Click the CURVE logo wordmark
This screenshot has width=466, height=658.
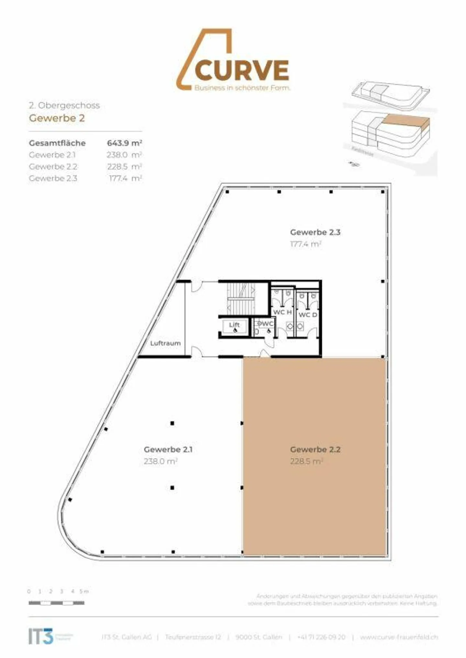point(242,70)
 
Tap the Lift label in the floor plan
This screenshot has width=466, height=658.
point(234,324)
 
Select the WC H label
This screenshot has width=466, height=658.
point(283,312)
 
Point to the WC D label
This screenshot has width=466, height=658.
point(307,315)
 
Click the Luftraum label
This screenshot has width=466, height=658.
point(165,343)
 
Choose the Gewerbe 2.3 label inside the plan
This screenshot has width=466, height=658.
point(315,232)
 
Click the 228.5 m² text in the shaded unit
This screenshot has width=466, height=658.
point(306,461)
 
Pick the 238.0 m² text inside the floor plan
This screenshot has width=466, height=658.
point(160,461)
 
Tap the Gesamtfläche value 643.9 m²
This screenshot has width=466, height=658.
point(124,143)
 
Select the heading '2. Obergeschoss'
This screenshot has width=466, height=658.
point(64,105)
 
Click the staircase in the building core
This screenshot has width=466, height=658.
point(241,298)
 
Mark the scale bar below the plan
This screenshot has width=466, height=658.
point(56,603)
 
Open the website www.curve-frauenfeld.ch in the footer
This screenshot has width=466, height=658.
point(399,637)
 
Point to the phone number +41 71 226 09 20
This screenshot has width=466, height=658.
point(321,637)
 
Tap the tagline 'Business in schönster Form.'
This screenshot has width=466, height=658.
point(242,88)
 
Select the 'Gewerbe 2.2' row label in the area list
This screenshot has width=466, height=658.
point(53,167)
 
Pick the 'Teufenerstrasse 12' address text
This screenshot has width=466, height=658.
point(193,637)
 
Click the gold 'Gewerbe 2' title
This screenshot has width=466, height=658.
point(57,118)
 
